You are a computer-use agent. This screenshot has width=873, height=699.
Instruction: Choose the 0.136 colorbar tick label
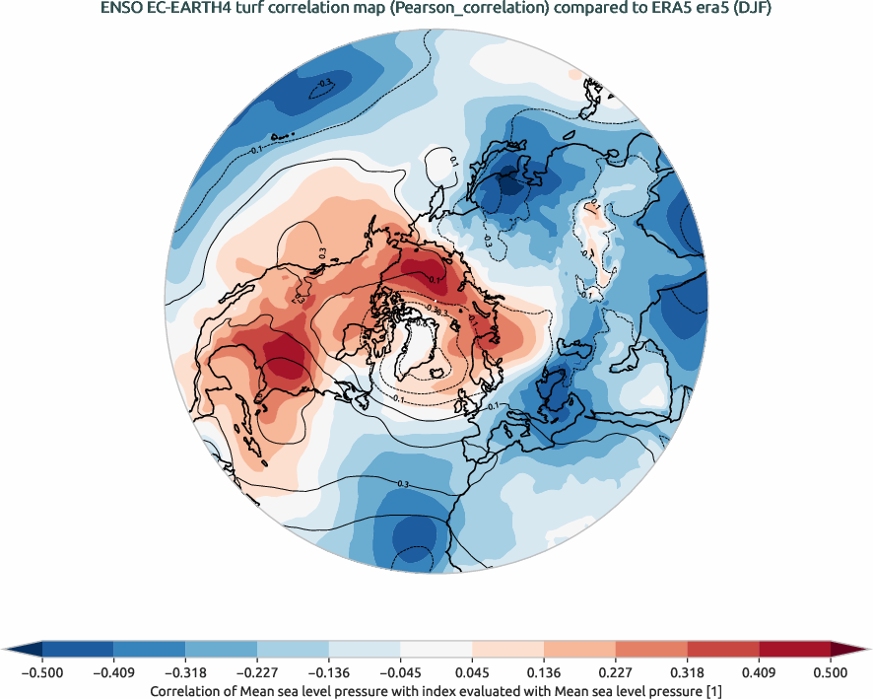pyautogui.click(x=544, y=672)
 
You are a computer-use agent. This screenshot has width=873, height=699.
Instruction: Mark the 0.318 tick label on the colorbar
pyautogui.click(x=688, y=672)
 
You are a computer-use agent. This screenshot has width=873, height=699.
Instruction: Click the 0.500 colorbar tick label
pyautogui.click(x=831, y=672)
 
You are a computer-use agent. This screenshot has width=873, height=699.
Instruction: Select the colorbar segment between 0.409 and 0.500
pyautogui.click(x=794, y=649)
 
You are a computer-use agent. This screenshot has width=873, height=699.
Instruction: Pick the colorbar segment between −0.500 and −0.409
pyautogui.click(x=78, y=649)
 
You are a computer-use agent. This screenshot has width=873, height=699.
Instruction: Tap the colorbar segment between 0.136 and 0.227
pyautogui.click(x=579, y=649)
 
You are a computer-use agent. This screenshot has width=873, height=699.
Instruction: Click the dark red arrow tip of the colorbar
pyautogui.click(x=849, y=649)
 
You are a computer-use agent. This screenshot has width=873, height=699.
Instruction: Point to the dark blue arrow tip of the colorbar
pyautogui.click(x=23, y=649)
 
